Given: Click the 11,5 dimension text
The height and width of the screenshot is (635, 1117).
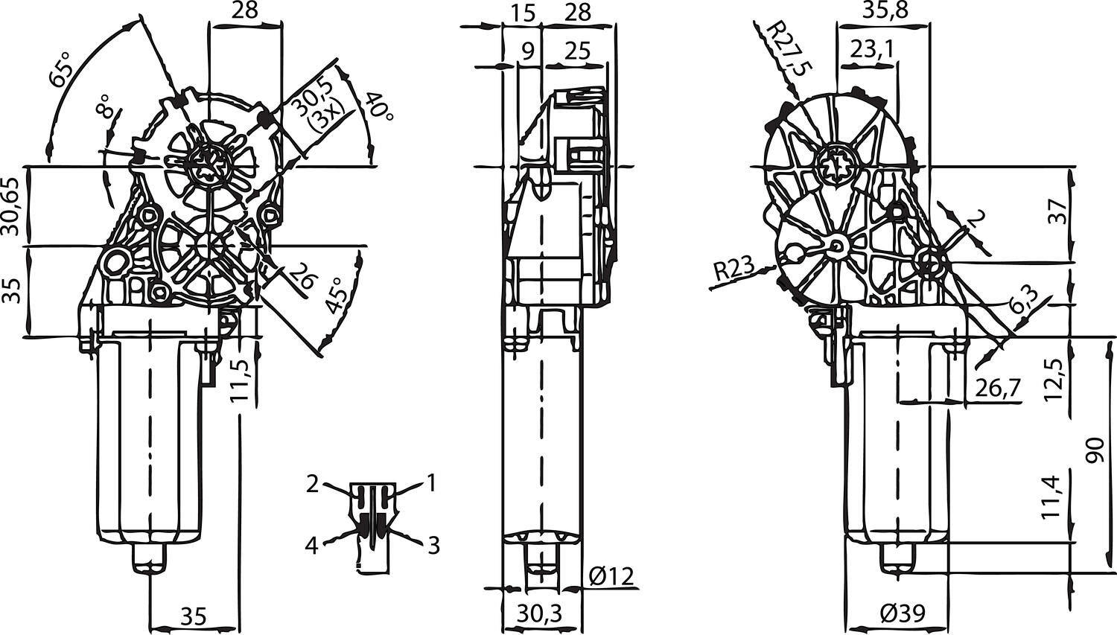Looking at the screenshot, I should click(x=240, y=380).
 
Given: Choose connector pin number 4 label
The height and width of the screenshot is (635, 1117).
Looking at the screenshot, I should click(x=311, y=546).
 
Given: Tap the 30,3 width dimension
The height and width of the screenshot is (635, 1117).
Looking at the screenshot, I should click(x=538, y=614).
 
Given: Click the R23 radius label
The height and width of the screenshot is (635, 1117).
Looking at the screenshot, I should click(x=734, y=269).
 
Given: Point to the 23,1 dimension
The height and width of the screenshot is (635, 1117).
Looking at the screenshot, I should click(x=872, y=49).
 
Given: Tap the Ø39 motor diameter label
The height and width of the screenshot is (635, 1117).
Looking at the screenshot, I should click(x=901, y=614).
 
